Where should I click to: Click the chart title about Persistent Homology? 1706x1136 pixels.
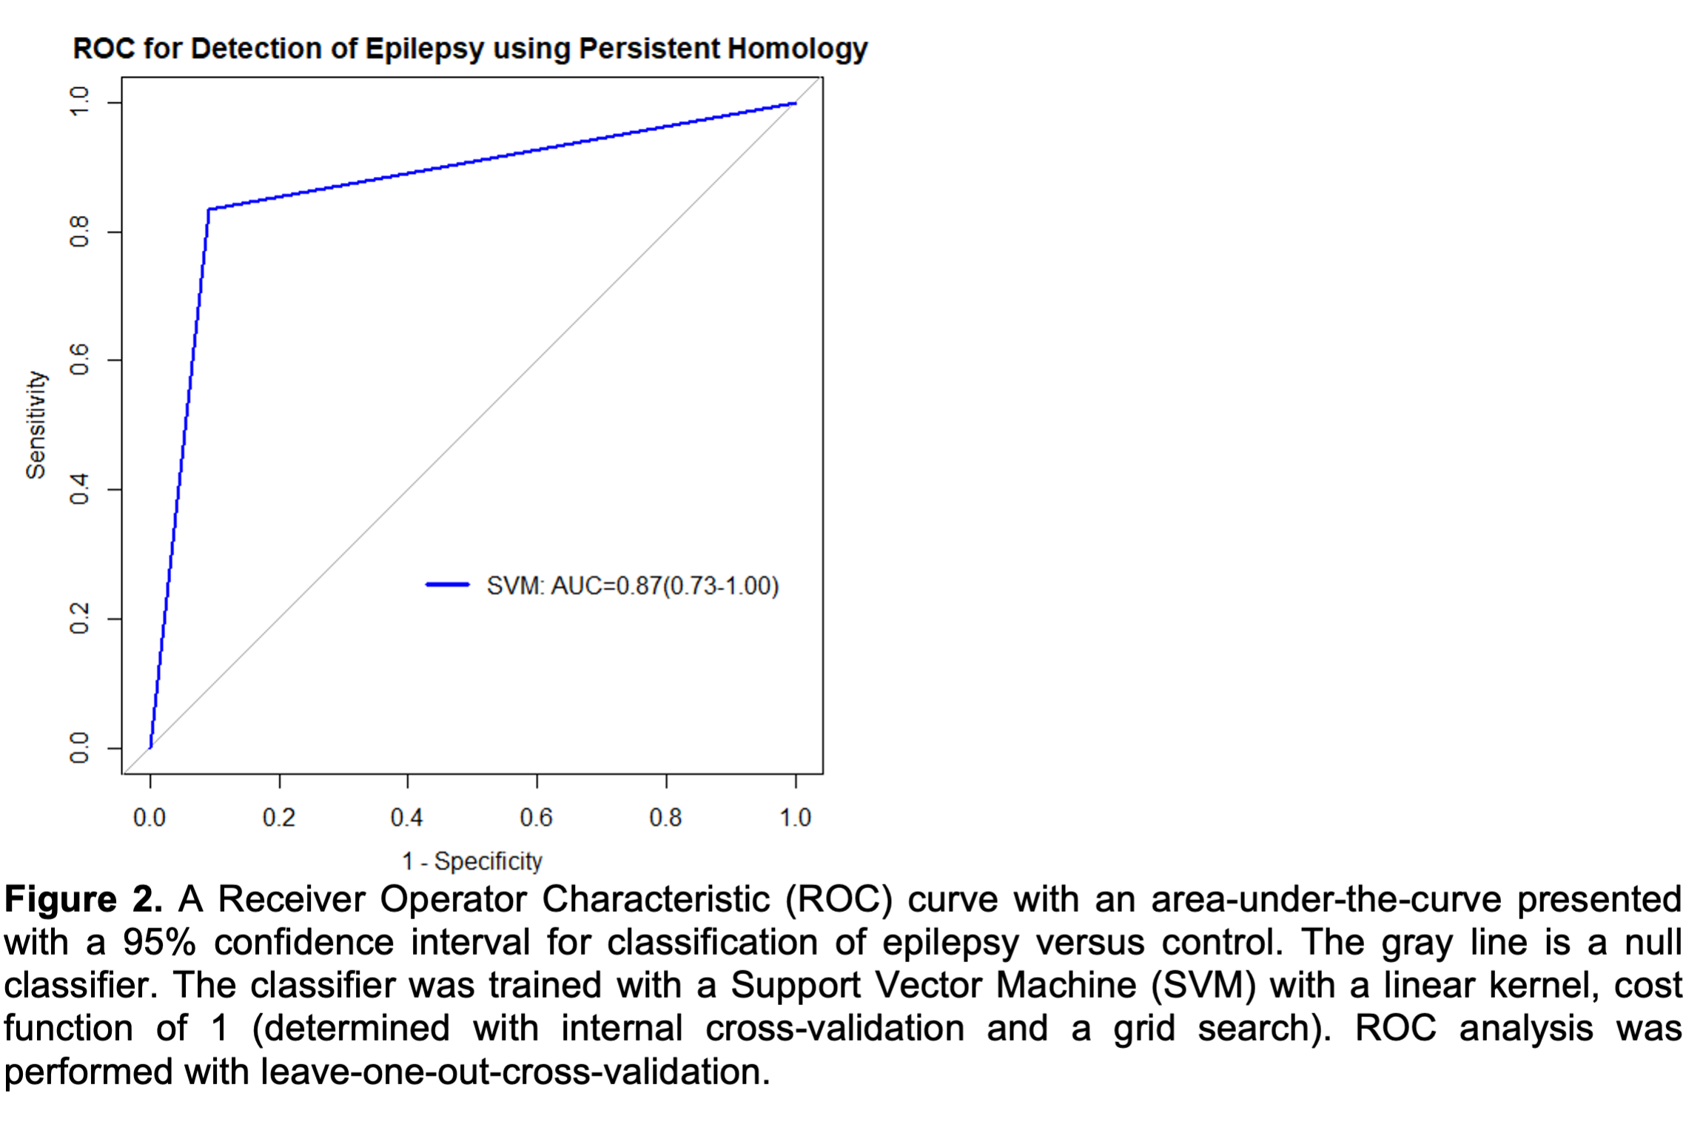(x=470, y=49)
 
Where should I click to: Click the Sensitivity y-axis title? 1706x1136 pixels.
(x=36, y=425)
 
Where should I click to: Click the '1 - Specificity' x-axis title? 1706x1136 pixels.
(x=471, y=861)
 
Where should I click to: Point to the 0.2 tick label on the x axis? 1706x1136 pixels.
(x=278, y=818)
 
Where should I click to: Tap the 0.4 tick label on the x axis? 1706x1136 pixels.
(x=407, y=818)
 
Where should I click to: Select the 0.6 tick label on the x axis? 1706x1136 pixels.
(x=536, y=818)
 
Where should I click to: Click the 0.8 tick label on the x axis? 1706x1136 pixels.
(x=665, y=818)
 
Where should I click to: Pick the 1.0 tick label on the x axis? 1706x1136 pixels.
(x=795, y=818)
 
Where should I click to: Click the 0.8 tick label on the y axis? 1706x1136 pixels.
(x=79, y=232)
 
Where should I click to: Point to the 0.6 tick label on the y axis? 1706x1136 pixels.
(x=79, y=360)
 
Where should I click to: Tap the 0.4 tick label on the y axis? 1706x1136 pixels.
(x=79, y=489)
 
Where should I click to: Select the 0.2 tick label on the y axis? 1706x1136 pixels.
(x=79, y=619)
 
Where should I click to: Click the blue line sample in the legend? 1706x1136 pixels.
(x=447, y=585)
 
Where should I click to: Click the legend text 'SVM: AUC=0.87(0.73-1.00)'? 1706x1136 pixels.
(x=633, y=586)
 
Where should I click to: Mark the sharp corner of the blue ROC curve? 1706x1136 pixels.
(x=209, y=209)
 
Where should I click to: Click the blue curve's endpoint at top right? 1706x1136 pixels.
(x=795, y=104)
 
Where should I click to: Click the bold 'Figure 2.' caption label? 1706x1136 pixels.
(x=83, y=900)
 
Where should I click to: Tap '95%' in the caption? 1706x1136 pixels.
(x=160, y=943)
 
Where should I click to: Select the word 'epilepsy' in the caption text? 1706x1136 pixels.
(x=950, y=943)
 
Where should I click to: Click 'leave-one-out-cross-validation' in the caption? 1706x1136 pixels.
(x=514, y=1072)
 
